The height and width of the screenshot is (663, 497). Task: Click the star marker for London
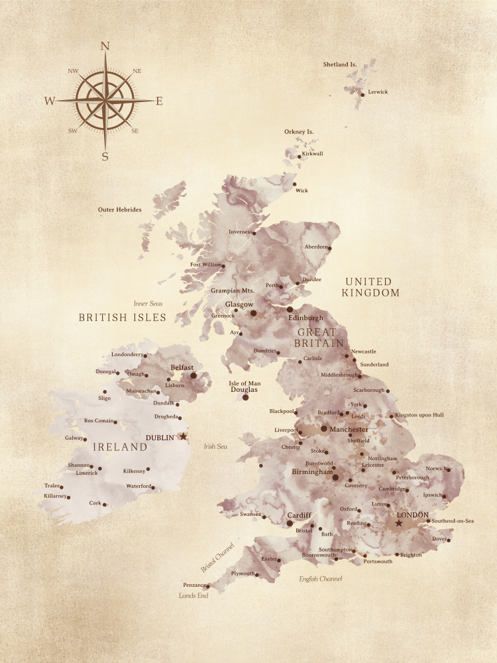click(398, 523)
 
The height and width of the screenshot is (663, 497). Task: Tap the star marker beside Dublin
click(184, 436)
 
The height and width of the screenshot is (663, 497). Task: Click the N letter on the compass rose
click(104, 46)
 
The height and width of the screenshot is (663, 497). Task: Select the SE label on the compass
click(135, 131)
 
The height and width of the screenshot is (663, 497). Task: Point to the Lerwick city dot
click(362, 95)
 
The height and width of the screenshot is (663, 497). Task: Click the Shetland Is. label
click(340, 64)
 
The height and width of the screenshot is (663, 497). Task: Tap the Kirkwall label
click(313, 153)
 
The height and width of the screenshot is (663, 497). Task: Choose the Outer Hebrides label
click(120, 210)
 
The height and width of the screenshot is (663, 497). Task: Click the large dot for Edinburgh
click(290, 309)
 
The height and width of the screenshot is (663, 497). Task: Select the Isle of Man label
click(245, 383)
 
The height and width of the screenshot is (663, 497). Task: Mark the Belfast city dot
click(193, 375)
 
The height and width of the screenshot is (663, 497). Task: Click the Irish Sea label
click(215, 446)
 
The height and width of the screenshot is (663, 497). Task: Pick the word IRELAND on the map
click(120, 447)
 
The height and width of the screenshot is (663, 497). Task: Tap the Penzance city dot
click(207, 586)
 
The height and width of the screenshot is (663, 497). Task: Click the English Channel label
click(321, 579)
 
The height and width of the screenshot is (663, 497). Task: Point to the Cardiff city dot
click(290, 523)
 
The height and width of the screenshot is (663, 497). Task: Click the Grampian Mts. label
click(233, 290)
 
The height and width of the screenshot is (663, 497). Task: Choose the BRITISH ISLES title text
click(123, 318)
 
